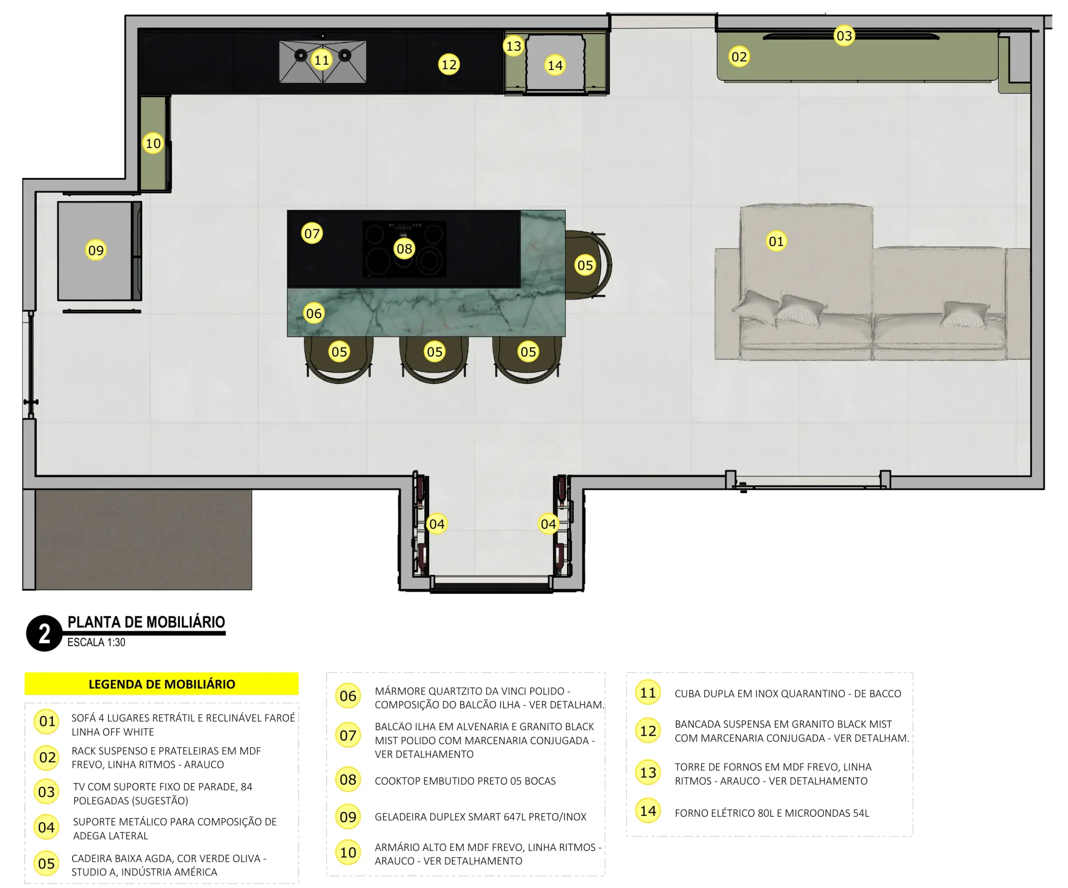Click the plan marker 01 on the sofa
[776, 241]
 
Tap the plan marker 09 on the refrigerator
[96, 250]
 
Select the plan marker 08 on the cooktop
[404, 248]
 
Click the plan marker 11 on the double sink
[321, 60]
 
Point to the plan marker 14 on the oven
[555, 65]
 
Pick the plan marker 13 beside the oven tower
[514, 46]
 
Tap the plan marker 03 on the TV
[844, 35]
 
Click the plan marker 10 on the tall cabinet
[153, 143]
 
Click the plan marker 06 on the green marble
[314, 313]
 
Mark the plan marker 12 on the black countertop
[448, 65]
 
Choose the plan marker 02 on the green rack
[739, 56]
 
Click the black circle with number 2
[44, 633]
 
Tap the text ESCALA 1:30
[96, 642]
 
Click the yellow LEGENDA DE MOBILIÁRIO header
[162, 684]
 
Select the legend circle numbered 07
[348, 735]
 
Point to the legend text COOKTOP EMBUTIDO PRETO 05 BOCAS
[465, 781]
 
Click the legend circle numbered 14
[648, 811]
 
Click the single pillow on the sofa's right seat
[965, 313]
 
